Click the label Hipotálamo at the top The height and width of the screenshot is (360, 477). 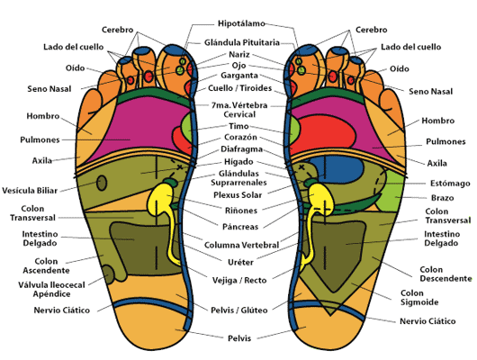241,23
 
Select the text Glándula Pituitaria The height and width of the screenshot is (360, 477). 242,42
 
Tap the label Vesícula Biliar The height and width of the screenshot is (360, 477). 30,191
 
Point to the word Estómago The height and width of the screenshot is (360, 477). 450,184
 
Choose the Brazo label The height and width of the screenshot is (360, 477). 442,198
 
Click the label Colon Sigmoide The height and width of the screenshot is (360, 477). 419,298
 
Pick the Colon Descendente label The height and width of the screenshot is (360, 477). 445,274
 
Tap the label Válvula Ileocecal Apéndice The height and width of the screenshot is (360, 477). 51,290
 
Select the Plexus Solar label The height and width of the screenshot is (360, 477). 238,194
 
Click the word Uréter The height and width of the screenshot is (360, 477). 240,262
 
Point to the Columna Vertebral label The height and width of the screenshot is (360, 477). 241,245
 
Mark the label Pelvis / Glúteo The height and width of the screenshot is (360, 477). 239,310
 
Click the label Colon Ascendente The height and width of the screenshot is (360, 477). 46,265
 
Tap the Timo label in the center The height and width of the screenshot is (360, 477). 238,126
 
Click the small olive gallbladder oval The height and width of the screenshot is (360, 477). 102,183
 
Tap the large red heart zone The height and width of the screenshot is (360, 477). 326,134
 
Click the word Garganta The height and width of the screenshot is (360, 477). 239,76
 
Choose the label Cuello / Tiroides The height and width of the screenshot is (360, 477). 239,88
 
